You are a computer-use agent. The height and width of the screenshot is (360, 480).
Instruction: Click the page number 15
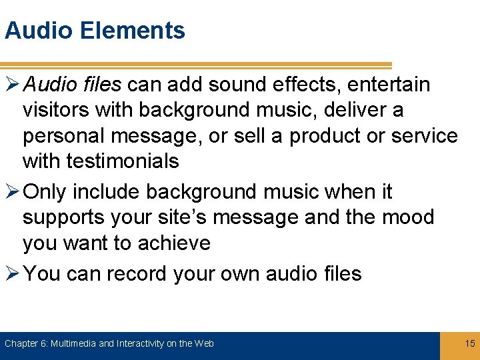tap(469, 343)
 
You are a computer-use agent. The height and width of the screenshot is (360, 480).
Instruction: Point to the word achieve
tap(174, 243)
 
